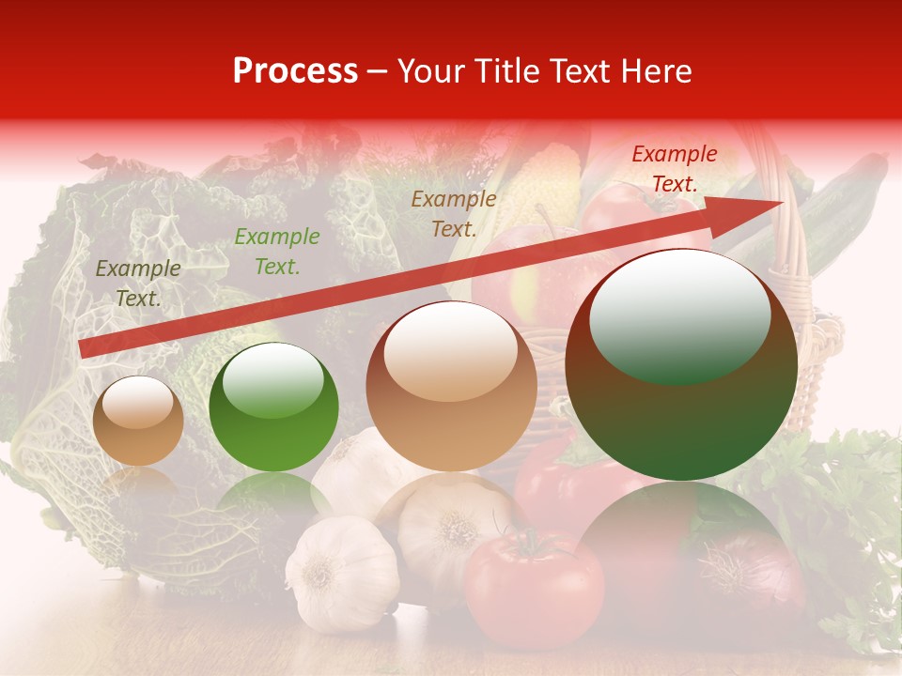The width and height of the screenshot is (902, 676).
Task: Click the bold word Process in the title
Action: [x=295, y=71]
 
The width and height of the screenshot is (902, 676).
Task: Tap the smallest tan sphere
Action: [x=138, y=421]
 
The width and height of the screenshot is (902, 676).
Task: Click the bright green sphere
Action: [x=273, y=407]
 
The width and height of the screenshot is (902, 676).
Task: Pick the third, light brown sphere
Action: [x=451, y=386]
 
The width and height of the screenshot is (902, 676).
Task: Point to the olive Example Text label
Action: [x=138, y=283]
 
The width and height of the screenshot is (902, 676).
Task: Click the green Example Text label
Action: [x=276, y=252]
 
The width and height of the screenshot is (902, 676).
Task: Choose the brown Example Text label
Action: [x=454, y=213]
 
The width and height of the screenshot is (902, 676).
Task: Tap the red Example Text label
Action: [x=674, y=169]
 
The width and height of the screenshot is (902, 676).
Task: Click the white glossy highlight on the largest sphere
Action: [x=679, y=315]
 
